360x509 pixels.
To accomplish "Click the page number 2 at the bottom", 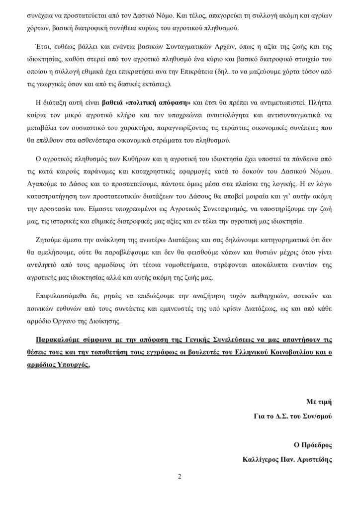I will click(x=180, y=477).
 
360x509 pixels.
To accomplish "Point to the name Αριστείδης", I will click(x=313, y=459).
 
